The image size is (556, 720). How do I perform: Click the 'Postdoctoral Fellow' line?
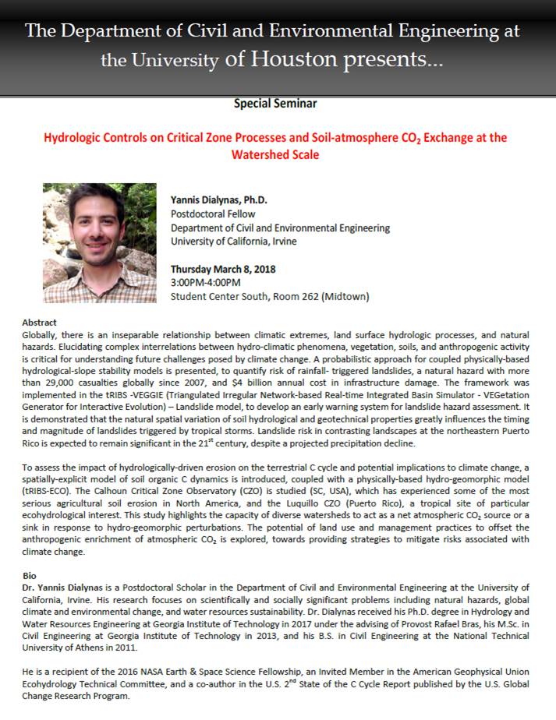[213, 214]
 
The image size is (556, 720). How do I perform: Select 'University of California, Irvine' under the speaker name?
[234, 241]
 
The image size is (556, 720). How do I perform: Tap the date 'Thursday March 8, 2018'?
[223, 269]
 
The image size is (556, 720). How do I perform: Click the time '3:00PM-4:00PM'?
[206, 282]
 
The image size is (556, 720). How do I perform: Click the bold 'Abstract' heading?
[39, 323]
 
